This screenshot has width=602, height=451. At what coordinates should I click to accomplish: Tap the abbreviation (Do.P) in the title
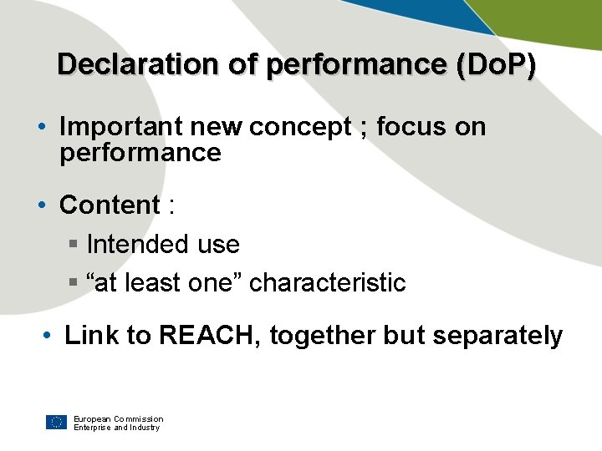(x=497, y=65)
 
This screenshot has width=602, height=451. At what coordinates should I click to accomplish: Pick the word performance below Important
(x=140, y=153)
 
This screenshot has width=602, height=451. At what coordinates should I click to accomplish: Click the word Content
(x=110, y=205)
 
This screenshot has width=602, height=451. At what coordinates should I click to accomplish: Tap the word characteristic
(x=328, y=283)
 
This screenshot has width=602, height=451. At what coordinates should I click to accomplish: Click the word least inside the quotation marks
(x=151, y=283)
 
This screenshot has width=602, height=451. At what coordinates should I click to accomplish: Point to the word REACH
(x=210, y=336)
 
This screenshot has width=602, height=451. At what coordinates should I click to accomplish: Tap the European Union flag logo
(x=56, y=422)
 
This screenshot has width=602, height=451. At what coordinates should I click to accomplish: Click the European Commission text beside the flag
(x=118, y=418)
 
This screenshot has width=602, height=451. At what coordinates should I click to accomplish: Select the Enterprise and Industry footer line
(x=116, y=428)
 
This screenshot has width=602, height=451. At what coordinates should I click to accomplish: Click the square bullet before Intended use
(x=73, y=245)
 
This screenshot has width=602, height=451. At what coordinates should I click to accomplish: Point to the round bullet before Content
(x=43, y=205)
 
